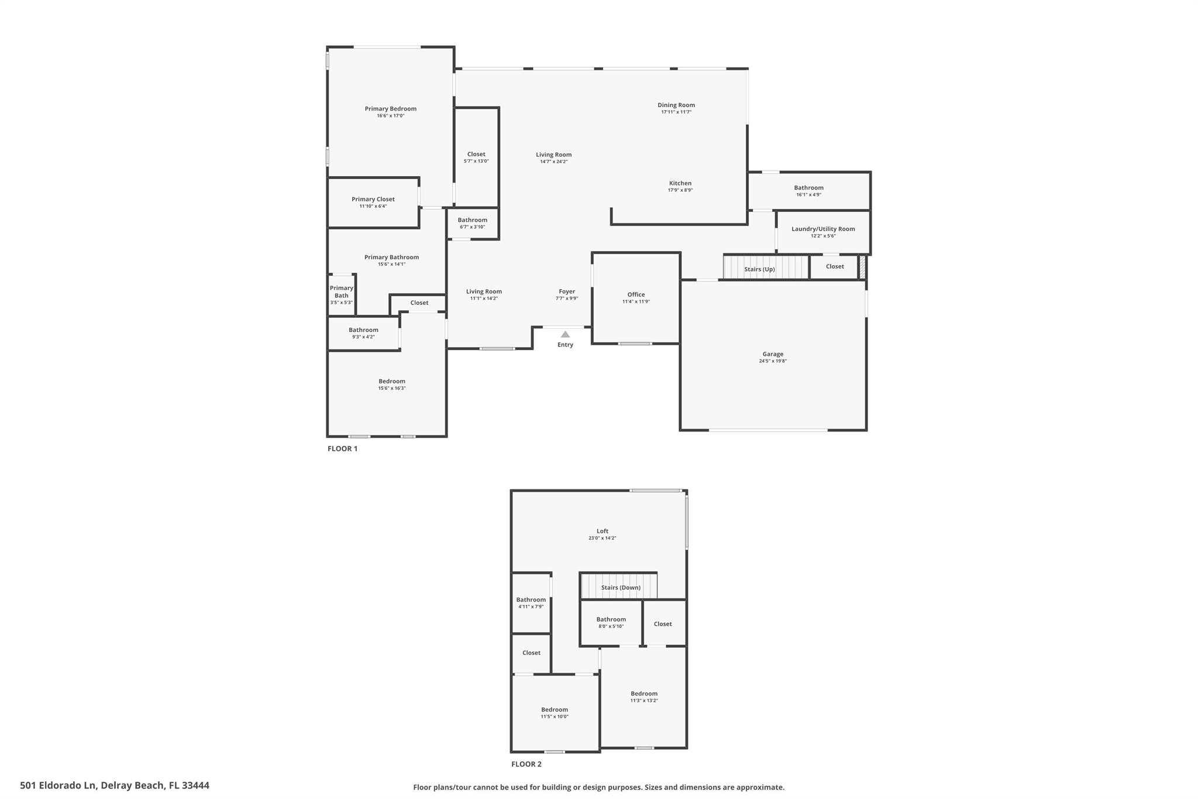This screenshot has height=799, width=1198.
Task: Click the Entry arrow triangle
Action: point(565,334)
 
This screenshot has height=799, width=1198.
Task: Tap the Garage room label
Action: point(773,354)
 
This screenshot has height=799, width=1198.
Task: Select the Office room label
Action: point(636,294)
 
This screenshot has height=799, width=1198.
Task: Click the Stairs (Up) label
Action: point(759,269)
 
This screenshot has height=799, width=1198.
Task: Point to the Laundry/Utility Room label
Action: point(823,229)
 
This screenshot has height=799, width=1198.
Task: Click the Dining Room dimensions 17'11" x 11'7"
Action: point(676,112)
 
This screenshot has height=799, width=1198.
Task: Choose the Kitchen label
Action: point(680,183)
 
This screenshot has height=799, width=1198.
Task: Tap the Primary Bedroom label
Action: point(390,109)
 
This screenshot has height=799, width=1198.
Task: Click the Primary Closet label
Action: point(373,199)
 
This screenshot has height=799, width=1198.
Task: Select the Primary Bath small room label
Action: point(342,292)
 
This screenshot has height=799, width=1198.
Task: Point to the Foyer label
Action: point(567,292)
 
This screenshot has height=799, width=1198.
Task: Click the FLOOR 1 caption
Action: point(342,449)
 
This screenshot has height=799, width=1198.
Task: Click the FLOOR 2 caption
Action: point(526,764)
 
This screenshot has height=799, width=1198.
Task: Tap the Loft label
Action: point(603,531)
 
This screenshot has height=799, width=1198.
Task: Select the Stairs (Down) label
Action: point(621,588)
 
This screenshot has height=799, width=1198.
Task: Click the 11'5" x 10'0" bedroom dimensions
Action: point(555,716)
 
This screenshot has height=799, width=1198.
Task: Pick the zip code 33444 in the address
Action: point(195,786)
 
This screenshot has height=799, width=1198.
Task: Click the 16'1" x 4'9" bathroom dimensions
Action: point(808,194)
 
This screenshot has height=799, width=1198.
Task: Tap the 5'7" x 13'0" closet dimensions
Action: point(476,161)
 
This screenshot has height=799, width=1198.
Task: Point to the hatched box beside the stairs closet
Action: point(862,267)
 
